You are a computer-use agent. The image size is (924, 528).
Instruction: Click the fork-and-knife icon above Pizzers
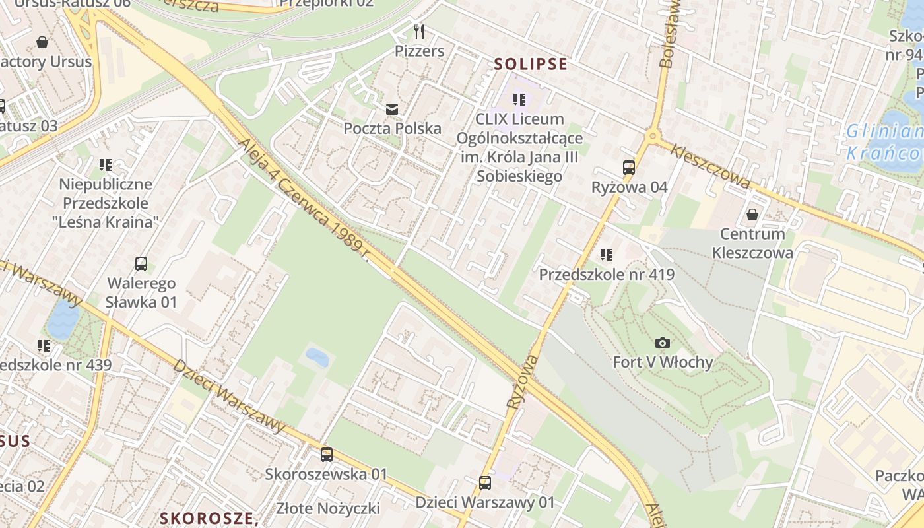(419, 31)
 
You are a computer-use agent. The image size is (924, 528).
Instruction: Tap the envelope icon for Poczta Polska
(392, 109)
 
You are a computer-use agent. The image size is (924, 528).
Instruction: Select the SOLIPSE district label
(531, 64)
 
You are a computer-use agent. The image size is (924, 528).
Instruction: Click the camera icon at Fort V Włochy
(663, 343)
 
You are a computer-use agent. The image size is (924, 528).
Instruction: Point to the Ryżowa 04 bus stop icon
(629, 168)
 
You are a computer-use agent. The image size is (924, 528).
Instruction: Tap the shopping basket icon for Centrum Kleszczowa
(752, 214)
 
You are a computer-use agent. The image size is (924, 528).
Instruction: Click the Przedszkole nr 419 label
(607, 274)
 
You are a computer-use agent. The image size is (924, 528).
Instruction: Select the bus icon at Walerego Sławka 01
(141, 264)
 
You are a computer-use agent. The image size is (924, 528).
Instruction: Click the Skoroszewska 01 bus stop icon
(326, 454)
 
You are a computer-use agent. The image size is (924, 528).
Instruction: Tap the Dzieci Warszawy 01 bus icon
(485, 482)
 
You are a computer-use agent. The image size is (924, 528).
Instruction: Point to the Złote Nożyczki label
(328, 508)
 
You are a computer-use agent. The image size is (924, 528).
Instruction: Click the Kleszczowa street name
(710, 167)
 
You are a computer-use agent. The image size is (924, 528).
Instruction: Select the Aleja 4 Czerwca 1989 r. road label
(303, 199)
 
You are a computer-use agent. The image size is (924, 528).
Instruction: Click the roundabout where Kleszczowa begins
(653, 137)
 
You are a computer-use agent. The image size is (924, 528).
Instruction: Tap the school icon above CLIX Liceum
(519, 100)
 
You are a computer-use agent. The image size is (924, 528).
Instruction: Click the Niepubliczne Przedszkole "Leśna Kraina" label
(106, 203)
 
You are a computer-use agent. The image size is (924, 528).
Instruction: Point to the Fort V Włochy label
(663, 362)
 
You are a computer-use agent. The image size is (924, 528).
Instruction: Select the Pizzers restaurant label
(419, 51)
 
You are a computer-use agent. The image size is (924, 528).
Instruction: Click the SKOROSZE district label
(209, 518)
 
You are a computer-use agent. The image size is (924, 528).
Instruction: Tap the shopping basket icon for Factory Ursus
(42, 43)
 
